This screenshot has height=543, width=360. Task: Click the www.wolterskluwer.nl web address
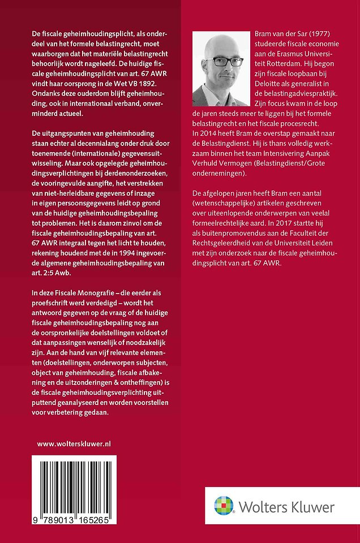[x=74, y=444]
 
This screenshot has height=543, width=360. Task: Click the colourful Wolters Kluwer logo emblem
[x=224, y=506]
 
